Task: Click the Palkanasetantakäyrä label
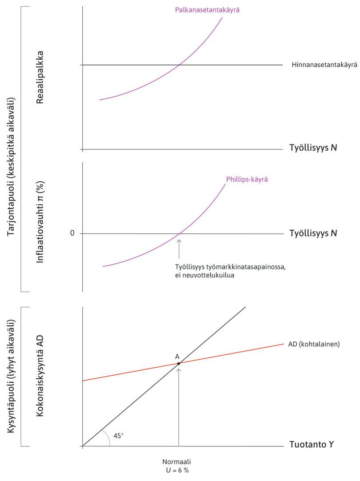pos(208,10)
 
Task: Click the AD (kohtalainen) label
pos(314,344)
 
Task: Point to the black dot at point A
pos(179,364)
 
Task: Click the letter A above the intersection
pos(177,357)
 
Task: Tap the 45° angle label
pos(118,436)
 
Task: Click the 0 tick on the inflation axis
pos(72,233)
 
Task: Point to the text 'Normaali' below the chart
pos(176,461)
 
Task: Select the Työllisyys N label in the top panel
pos(313,147)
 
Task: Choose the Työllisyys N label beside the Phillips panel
pos(313,233)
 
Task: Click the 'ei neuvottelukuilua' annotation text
pos(204,275)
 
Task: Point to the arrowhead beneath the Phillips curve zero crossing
pos(179,241)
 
